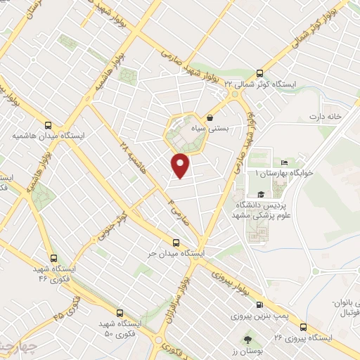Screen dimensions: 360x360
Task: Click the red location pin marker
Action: [x=181, y=165]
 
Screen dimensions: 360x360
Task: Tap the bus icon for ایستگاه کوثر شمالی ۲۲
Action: [x=259, y=72]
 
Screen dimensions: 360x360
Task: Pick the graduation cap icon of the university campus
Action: [x=261, y=195]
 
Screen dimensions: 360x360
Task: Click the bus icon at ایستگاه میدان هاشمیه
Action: [x=48, y=124]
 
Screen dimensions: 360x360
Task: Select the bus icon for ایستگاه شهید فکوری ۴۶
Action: [x=54, y=258]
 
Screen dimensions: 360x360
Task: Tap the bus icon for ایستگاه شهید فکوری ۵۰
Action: [x=119, y=311]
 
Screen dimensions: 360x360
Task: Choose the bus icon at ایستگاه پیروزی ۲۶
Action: [x=303, y=326]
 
